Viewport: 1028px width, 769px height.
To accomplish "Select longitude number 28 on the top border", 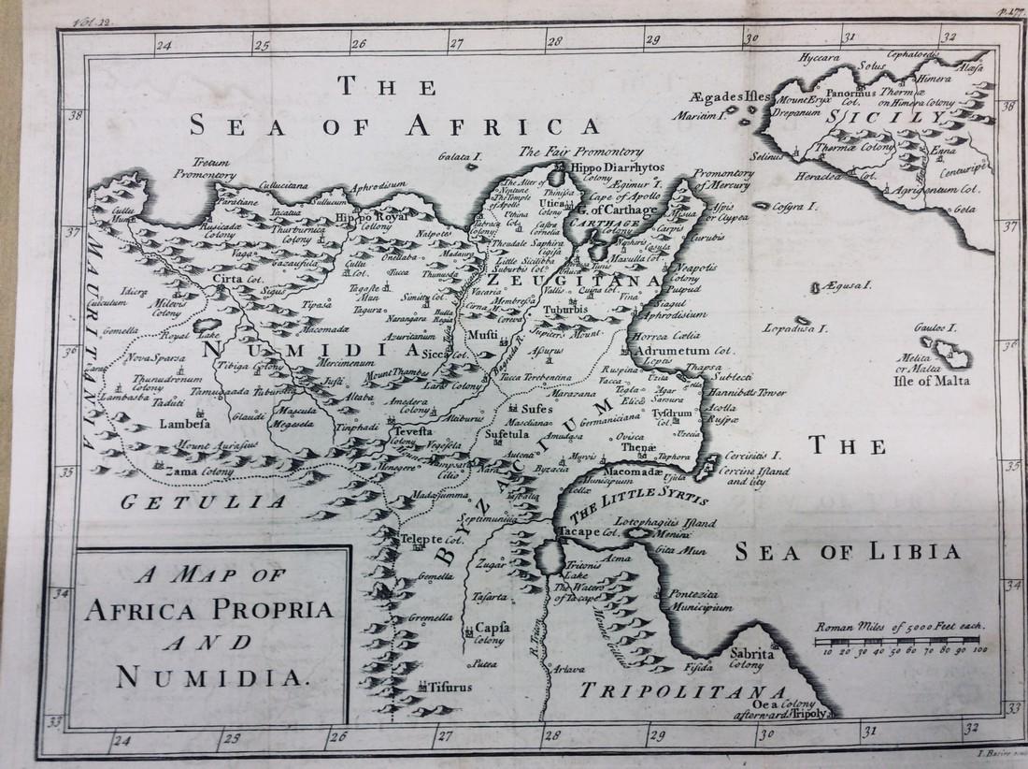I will click(x=554, y=40).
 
